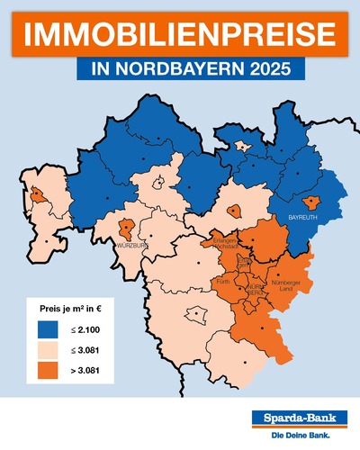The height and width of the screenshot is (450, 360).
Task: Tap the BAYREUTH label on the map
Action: (304, 219)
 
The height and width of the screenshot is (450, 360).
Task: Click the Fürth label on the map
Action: (223, 282)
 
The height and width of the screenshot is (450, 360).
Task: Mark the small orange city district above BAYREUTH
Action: (312, 203)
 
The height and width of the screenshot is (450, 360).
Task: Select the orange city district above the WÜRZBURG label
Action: (127, 227)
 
